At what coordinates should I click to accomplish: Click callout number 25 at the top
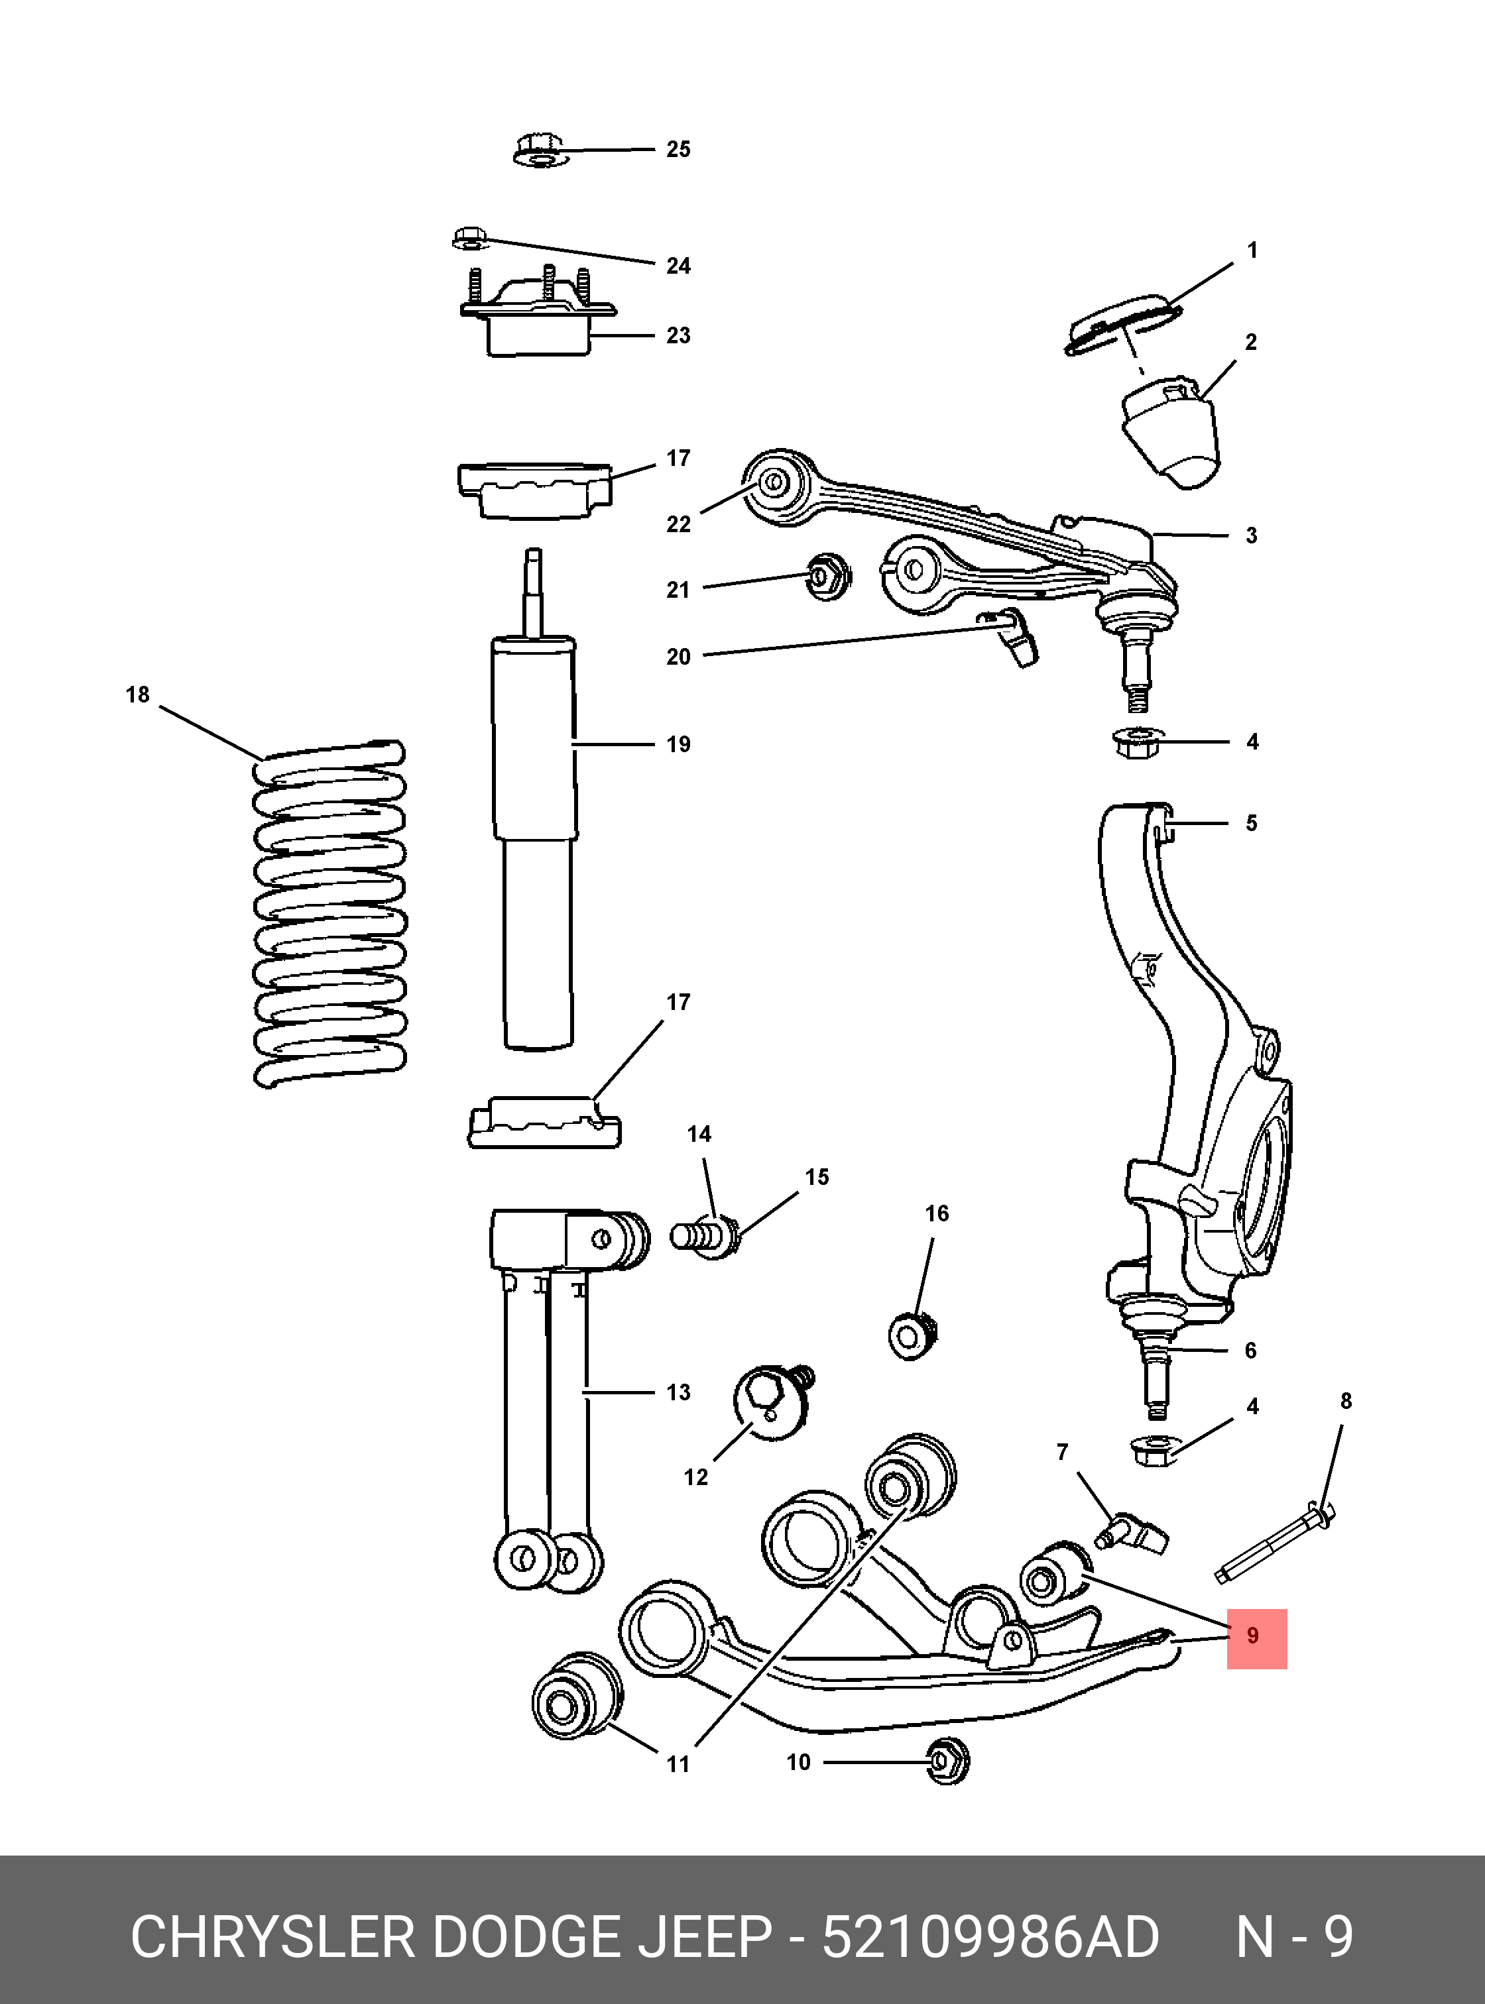[678, 149]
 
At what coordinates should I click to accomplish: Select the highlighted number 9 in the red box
[1253, 1636]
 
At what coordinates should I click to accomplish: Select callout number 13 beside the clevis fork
[678, 1392]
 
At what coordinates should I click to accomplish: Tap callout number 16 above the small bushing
[937, 1214]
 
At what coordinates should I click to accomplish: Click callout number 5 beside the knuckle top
[1251, 823]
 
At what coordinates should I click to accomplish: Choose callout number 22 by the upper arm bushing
[678, 525]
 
